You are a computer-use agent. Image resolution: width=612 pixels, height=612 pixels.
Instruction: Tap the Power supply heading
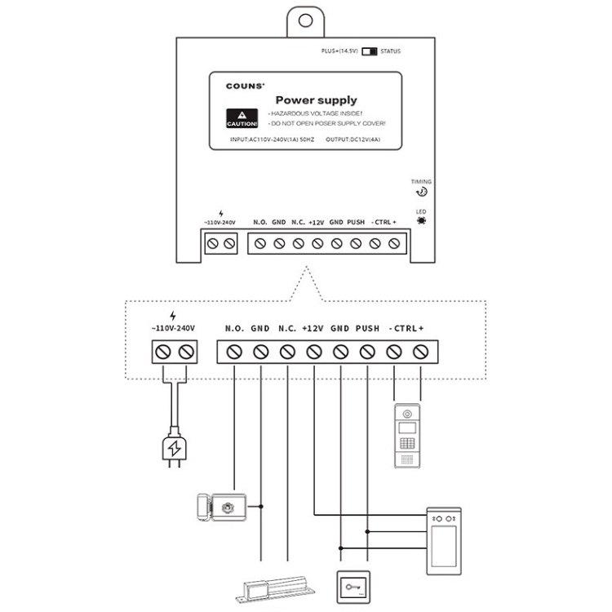coord(321,100)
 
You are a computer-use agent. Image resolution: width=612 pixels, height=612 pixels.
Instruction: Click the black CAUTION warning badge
coord(242,119)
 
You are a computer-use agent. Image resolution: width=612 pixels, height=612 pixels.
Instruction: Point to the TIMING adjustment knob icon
coord(422,192)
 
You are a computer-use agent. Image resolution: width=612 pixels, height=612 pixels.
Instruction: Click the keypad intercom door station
coord(408,436)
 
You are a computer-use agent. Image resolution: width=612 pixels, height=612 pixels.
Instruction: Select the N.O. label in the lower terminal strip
coord(234,328)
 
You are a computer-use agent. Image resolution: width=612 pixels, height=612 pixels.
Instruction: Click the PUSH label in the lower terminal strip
coord(367,328)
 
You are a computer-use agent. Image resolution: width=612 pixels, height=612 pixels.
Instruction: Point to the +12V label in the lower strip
coord(313,328)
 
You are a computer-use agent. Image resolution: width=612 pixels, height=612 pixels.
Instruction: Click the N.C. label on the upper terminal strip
coord(298,222)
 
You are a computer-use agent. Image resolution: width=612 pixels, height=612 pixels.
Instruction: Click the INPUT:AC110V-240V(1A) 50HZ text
coord(273,140)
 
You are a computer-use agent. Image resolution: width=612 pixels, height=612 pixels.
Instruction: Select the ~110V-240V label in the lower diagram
coord(173,328)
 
